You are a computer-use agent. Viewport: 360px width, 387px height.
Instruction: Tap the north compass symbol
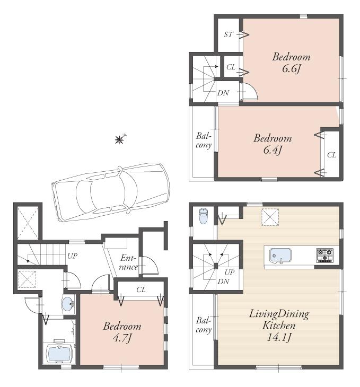(x=120, y=139)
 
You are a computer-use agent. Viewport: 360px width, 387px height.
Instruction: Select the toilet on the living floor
(x=203, y=216)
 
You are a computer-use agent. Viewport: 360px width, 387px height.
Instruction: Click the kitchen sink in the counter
(x=280, y=256)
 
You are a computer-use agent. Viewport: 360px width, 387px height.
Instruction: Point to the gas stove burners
(x=325, y=255)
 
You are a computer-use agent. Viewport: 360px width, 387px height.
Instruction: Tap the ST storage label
(x=228, y=36)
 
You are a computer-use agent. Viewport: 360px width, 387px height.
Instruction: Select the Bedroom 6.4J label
(x=272, y=144)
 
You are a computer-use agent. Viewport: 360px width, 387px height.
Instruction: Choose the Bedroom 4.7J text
(x=122, y=332)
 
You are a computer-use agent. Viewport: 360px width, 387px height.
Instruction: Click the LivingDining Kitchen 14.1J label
(x=278, y=325)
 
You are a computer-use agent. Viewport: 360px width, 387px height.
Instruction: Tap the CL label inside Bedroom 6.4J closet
(x=331, y=155)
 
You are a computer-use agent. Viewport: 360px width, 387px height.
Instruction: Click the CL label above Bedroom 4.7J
(x=141, y=290)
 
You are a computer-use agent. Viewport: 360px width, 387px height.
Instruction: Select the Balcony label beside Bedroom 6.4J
(x=204, y=139)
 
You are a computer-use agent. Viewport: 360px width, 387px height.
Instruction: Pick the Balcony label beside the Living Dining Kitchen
(x=204, y=324)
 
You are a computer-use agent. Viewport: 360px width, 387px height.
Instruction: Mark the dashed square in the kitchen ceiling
(x=270, y=216)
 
